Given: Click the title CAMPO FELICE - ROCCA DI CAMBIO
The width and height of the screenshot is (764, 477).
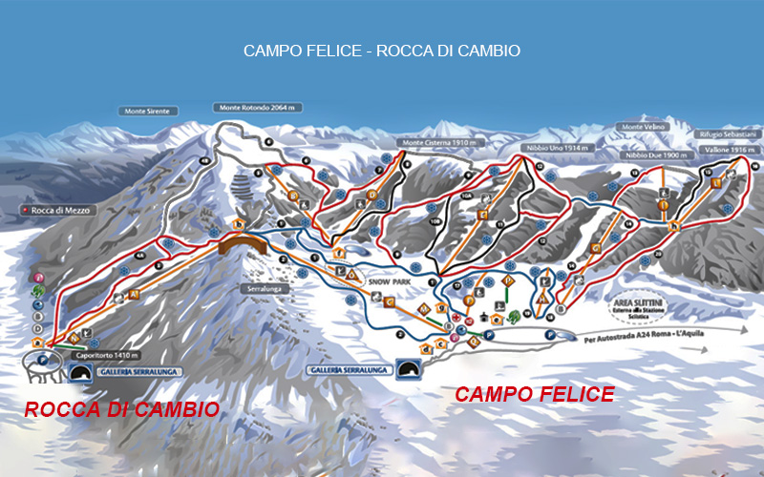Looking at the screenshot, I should click(x=382, y=51).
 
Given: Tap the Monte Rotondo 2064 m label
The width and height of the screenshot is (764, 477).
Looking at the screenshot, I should click(x=258, y=108).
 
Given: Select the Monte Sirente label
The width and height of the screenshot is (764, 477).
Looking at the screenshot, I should click(x=149, y=112).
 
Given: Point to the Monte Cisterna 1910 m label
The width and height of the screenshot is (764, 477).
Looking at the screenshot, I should click(x=442, y=142).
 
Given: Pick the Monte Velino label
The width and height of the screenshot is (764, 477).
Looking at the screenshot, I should click(x=643, y=127).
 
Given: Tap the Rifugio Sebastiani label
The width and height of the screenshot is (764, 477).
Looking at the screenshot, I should click(x=729, y=135).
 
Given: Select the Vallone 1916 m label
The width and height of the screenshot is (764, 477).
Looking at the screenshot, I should click(x=732, y=151).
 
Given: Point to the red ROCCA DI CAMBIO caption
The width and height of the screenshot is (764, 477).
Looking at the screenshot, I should click(x=121, y=409).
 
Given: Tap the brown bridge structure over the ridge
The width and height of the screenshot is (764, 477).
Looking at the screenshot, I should click(x=244, y=244).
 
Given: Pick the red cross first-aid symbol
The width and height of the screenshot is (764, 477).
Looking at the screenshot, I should click(x=456, y=318).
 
